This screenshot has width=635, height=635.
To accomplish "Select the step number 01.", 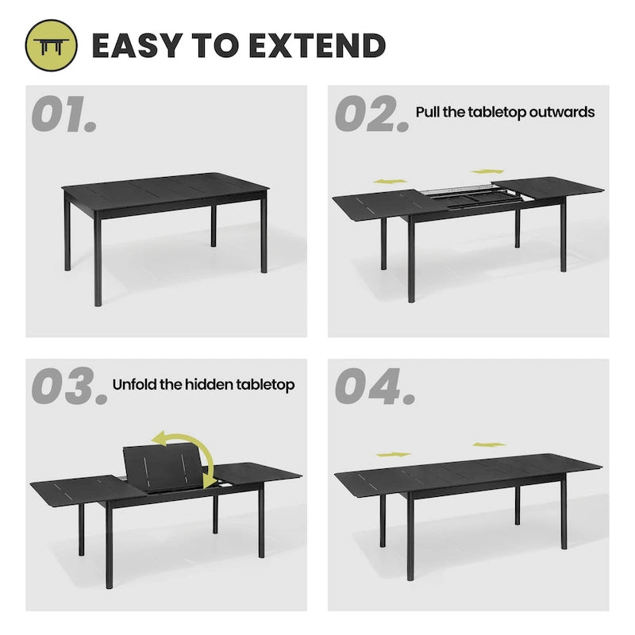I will coord(63,116).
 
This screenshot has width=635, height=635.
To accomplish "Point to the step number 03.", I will coord(68,387).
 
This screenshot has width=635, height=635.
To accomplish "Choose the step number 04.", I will coord(374,387).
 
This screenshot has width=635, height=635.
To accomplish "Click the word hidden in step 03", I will coord(209,385).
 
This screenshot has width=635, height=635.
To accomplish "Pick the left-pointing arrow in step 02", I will coord(391,182).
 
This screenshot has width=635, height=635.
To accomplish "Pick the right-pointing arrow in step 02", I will coord(486,171).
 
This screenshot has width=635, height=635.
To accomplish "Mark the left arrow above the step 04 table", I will coord(393,454).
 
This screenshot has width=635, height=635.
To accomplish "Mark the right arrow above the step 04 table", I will coord(488,444).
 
